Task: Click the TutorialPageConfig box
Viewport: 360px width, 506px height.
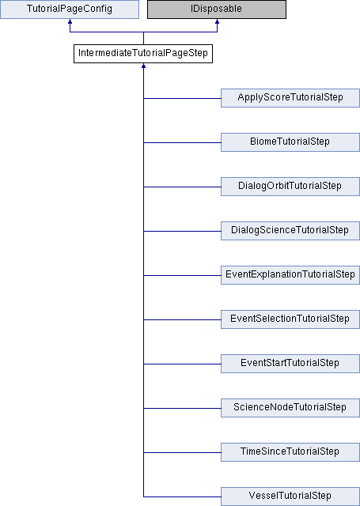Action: [70, 9]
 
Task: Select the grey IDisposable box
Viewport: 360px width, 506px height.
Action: [217, 9]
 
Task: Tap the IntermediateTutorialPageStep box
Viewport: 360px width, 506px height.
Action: [143, 54]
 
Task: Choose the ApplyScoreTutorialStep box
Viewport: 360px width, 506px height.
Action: [290, 98]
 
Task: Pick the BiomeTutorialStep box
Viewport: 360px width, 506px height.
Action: [290, 142]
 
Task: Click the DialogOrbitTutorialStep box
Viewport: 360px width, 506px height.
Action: [290, 187]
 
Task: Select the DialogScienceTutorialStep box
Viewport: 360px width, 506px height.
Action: [290, 230]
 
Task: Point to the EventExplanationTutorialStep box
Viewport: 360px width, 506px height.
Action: [290, 275]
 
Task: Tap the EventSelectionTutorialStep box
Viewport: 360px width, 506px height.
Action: [290, 319]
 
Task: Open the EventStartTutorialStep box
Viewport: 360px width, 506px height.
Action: [290, 364]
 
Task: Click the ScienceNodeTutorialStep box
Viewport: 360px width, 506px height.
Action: [290, 408]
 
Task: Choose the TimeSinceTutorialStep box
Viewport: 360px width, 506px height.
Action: [290, 451]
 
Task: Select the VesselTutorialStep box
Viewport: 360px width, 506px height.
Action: [290, 497]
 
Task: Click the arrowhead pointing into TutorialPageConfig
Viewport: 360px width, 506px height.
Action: [70, 21]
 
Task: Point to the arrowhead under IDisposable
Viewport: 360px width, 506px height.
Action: [217, 21]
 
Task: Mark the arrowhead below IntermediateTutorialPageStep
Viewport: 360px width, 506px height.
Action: [143, 66]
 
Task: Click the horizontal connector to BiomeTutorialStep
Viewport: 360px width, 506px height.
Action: [182, 142]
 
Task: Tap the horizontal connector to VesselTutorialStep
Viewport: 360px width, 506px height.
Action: [182, 497]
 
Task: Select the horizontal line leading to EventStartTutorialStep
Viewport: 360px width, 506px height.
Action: [182, 364]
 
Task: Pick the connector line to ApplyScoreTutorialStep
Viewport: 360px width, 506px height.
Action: [182, 98]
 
